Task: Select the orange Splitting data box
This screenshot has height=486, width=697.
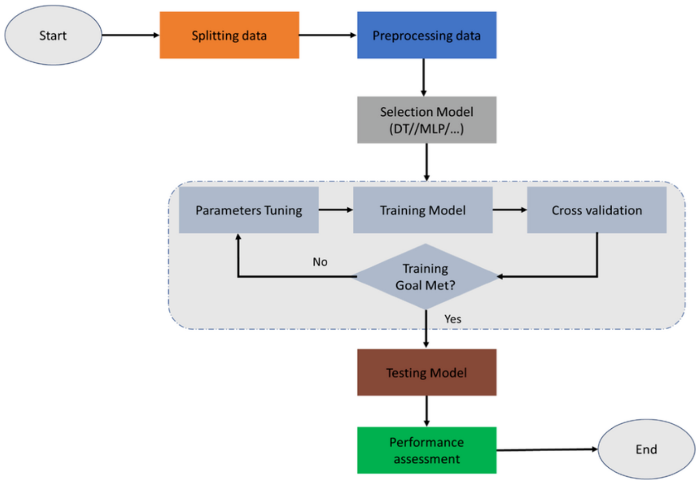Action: coord(229,35)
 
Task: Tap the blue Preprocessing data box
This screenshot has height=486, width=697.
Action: coord(426,35)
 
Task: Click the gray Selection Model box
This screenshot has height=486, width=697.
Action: coord(426,119)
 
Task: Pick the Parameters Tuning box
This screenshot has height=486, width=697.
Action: coord(249,210)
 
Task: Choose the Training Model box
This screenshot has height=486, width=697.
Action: coord(422,210)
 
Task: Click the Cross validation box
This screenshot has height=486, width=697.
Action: coord(597,210)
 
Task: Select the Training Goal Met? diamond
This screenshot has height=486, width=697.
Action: coord(425,277)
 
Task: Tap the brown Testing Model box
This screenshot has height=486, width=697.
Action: coord(426,373)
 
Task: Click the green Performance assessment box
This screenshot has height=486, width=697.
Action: coord(426,450)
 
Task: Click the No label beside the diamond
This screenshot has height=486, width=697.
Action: coord(320,262)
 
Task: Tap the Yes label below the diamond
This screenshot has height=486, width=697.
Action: coord(453,319)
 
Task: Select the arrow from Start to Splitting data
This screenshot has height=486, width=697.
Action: coord(130,35)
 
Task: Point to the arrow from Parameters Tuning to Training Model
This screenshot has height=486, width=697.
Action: coord(335,210)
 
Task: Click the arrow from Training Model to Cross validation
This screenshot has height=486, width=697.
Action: coord(509,210)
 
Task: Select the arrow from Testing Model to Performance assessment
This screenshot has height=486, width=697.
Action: coord(426,411)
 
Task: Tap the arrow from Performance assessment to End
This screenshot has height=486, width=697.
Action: coord(546,450)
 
